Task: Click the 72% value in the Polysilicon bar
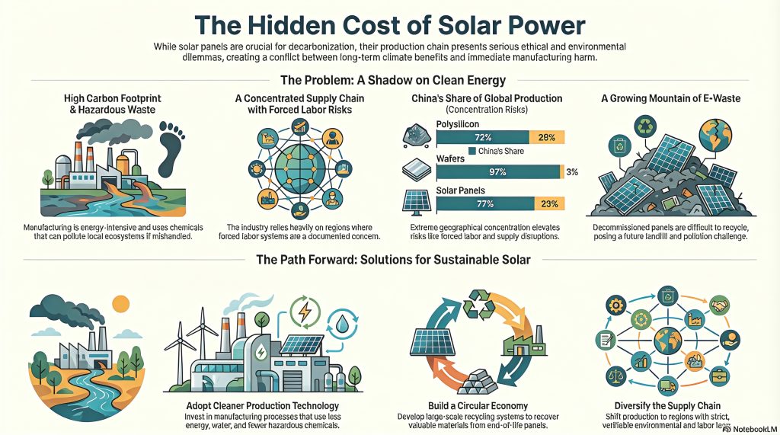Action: click(481, 137)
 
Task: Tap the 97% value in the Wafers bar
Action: click(498, 172)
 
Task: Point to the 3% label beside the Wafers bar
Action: click(572, 172)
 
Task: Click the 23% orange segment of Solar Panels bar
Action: click(548, 203)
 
